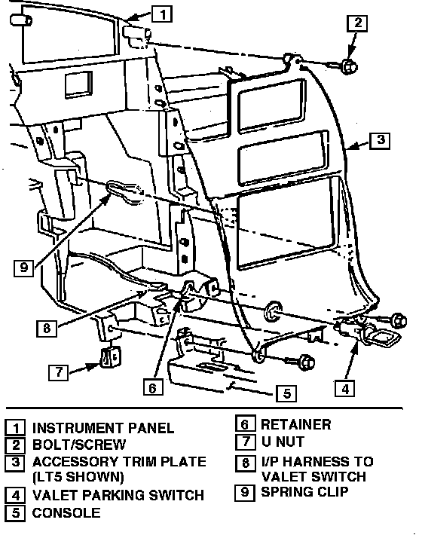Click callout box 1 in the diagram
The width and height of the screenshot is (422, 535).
(162, 14)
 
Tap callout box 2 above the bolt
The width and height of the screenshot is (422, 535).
(357, 23)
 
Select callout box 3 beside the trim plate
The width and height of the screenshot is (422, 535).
(380, 140)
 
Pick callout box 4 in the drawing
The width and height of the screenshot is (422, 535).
(344, 389)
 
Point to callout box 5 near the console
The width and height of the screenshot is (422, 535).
(286, 393)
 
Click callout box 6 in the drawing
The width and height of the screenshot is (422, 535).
(153, 387)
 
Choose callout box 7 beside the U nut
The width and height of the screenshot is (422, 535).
(59, 372)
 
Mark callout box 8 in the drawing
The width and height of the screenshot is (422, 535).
(47, 329)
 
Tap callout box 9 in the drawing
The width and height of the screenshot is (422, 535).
(24, 267)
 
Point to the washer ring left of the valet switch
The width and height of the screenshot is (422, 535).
(273, 311)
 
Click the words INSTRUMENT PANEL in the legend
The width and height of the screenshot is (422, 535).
(103, 428)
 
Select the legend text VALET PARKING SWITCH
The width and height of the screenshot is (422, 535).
(118, 495)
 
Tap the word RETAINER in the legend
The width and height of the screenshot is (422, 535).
(295, 425)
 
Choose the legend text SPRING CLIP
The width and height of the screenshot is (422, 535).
(304, 491)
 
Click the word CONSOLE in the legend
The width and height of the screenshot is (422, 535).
(66, 513)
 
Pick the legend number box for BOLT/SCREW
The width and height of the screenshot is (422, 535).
(15, 445)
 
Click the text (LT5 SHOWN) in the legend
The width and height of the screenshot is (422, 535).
(78, 477)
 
